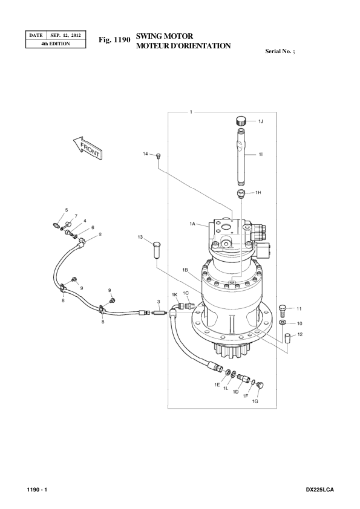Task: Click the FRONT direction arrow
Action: pyautogui.click(x=86, y=148)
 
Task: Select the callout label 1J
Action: pyautogui.click(x=261, y=122)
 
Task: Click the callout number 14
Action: pyautogui.click(x=145, y=154)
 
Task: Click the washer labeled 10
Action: pyautogui.click(x=283, y=323)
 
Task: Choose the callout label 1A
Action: pyautogui.click(x=192, y=224)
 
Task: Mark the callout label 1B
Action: pyautogui.click(x=185, y=269)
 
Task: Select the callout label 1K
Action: pyautogui.click(x=174, y=294)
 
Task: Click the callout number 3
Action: pyautogui.click(x=158, y=300)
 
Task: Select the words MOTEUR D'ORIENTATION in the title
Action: pyautogui.click(x=183, y=46)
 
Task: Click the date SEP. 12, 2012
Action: pyautogui.click(x=68, y=35)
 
